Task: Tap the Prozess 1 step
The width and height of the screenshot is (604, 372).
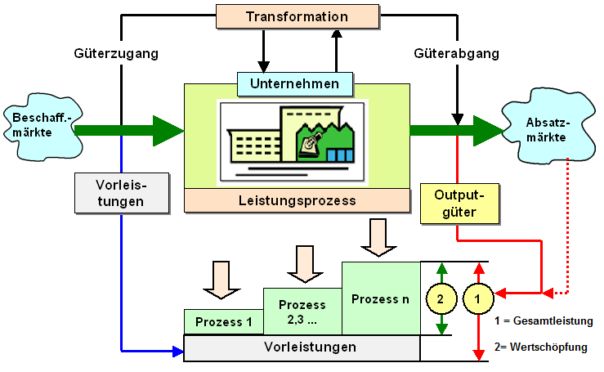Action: pos(223,322)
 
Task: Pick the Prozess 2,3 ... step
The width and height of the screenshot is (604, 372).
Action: pos(302,311)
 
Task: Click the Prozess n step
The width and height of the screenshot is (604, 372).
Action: pos(380,298)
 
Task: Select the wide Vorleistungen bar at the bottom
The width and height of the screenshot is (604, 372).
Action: pos(302,347)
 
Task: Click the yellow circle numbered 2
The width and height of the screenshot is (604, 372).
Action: pos(441,299)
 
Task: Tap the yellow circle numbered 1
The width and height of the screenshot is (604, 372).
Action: pos(480,299)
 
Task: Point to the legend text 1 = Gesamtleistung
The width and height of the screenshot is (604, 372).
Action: pos(544,320)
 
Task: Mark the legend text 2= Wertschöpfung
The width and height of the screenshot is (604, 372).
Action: pos(541,347)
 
